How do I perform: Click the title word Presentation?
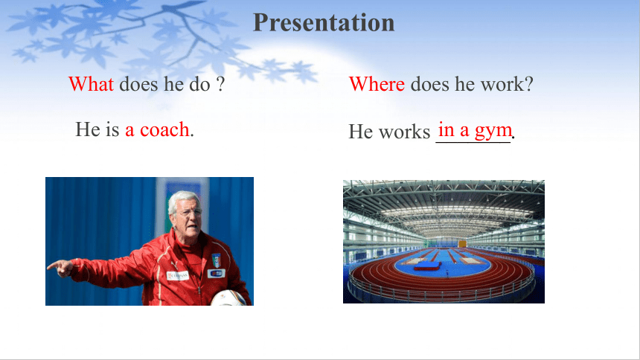(x=324, y=23)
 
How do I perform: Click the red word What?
(x=91, y=84)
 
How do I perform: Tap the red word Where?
(x=377, y=84)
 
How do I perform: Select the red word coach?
(x=164, y=130)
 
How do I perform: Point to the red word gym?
(x=493, y=131)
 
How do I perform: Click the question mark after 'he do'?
(x=220, y=84)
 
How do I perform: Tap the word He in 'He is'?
(x=88, y=129)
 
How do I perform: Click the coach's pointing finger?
(x=53, y=266)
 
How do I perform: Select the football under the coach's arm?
(x=228, y=298)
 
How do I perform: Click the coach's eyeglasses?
(x=190, y=213)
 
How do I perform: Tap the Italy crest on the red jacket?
(x=217, y=260)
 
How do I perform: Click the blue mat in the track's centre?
(x=427, y=266)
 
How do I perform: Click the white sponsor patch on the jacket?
(x=178, y=276)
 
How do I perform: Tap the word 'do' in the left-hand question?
(x=199, y=84)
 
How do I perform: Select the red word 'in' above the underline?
(x=446, y=130)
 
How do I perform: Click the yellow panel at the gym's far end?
(x=462, y=244)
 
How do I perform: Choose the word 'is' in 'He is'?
(x=112, y=129)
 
